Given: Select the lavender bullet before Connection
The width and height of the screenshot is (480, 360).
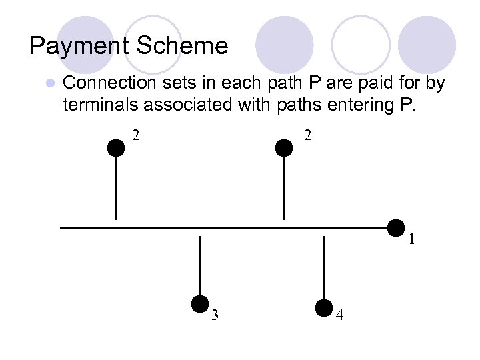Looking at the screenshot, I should click(x=49, y=84).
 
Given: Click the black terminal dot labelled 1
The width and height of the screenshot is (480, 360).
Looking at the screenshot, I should click(x=397, y=228).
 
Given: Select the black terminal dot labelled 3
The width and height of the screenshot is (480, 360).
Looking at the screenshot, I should click(x=200, y=304).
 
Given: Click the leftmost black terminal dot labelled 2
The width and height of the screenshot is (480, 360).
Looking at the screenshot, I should click(x=117, y=147).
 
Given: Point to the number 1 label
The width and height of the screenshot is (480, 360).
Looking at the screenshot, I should click(x=412, y=239).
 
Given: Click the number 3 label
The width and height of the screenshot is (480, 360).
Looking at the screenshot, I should click(x=215, y=315).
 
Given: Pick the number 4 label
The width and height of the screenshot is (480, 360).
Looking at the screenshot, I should click(x=340, y=315).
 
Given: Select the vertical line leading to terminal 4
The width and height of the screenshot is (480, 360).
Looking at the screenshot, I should click(x=324, y=267).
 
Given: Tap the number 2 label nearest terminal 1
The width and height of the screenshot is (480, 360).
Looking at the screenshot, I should click(x=307, y=135).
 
